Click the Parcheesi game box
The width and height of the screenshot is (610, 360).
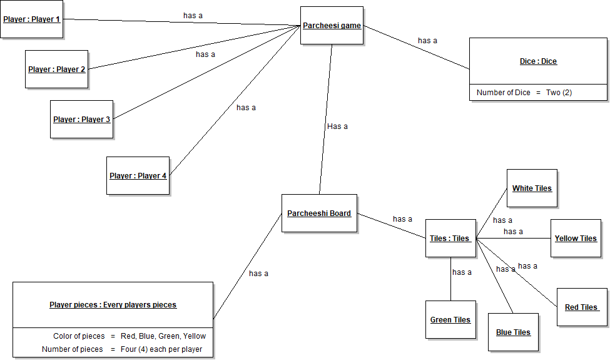332,26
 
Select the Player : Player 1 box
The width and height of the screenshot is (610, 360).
31,19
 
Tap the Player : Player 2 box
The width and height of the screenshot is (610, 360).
56,69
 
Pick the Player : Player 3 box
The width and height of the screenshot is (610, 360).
81,120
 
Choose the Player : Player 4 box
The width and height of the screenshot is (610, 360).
138,176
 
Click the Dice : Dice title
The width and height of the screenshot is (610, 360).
538,61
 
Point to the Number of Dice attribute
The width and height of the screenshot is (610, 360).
524,93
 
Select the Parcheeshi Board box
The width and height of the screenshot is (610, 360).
319,213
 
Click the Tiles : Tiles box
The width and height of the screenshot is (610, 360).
450,239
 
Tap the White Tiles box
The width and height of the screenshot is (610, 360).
532,188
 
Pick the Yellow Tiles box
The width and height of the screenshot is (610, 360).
576,239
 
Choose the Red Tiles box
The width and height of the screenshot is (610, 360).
582,307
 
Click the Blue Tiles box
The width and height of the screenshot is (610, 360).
513,332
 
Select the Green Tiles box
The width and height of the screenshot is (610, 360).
450,320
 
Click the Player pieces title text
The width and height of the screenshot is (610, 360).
113,305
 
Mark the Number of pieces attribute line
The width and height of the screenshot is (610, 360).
122,349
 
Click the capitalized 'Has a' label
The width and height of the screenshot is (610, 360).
337,126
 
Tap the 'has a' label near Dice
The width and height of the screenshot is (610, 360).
427,41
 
